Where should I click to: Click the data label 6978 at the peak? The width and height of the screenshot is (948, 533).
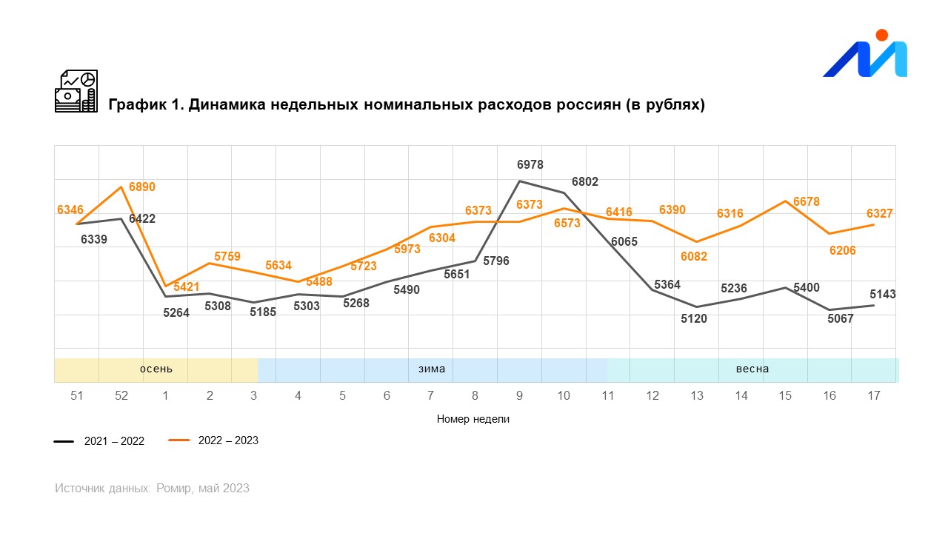point(530,164)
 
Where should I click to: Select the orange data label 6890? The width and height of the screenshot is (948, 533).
point(142,187)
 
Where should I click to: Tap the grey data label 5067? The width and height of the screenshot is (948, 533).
point(840,319)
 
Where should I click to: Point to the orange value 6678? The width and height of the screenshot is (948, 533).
point(806,201)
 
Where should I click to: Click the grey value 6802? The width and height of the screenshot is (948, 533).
point(585,181)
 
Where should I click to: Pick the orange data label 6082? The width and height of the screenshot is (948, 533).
point(694,256)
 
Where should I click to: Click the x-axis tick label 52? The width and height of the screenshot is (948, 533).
point(121,395)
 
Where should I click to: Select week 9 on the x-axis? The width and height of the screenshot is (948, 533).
point(519,395)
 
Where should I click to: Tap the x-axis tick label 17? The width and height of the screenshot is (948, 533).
point(873,395)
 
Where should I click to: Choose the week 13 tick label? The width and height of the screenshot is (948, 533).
point(696,395)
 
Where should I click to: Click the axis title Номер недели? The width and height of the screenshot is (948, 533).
point(473,419)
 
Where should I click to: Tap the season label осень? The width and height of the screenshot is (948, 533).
point(156,369)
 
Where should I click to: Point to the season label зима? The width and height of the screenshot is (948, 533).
point(432,369)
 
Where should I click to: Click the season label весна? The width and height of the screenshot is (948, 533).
point(752,369)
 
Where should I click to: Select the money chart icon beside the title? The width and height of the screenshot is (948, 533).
point(76,91)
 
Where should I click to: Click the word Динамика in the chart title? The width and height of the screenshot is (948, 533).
point(227,104)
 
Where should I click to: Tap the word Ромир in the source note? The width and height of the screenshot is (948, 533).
point(175,489)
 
